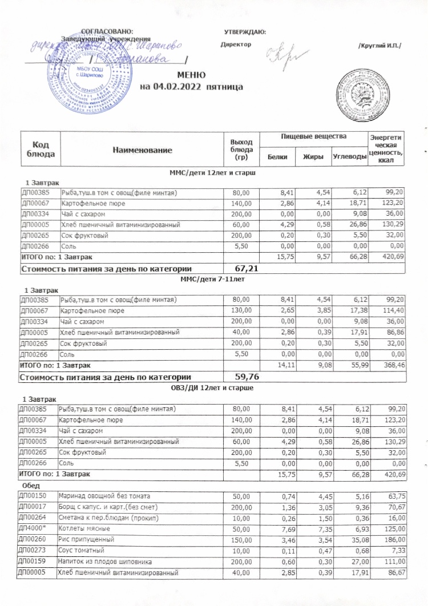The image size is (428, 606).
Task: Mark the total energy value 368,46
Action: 394,365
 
